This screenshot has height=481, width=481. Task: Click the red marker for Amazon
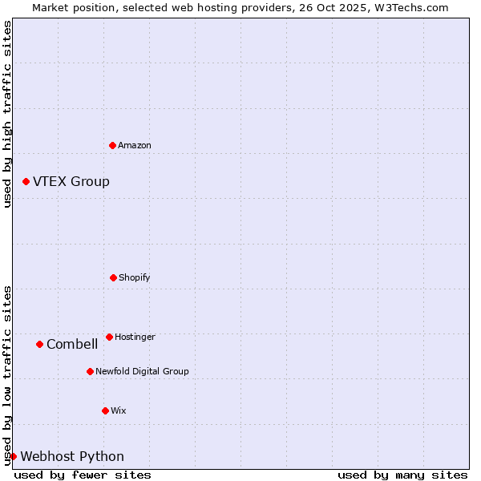point(112,145)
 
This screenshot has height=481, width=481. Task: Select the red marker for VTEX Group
point(26,182)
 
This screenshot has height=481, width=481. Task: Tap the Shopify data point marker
point(113,277)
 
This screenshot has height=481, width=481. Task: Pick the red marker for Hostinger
point(109,337)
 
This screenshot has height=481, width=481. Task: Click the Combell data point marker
point(39,345)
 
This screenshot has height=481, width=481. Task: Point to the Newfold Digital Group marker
point(90,371)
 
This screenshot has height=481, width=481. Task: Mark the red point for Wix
point(105,410)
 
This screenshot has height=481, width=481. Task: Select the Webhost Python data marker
point(13,457)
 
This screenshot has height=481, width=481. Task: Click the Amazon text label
point(135,145)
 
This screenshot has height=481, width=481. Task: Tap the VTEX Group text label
point(71,182)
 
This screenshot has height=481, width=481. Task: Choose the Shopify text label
point(135,277)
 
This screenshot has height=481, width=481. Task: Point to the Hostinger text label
point(135,337)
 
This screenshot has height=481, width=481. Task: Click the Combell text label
point(72,345)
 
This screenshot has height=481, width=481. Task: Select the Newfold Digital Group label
point(142,371)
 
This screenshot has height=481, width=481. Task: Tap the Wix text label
point(119,410)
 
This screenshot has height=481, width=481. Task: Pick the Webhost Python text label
point(72,457)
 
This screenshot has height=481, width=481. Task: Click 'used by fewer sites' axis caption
point(83,475)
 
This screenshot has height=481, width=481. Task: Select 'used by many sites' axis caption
point(402,475)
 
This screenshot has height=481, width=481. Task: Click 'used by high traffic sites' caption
point(7,114)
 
